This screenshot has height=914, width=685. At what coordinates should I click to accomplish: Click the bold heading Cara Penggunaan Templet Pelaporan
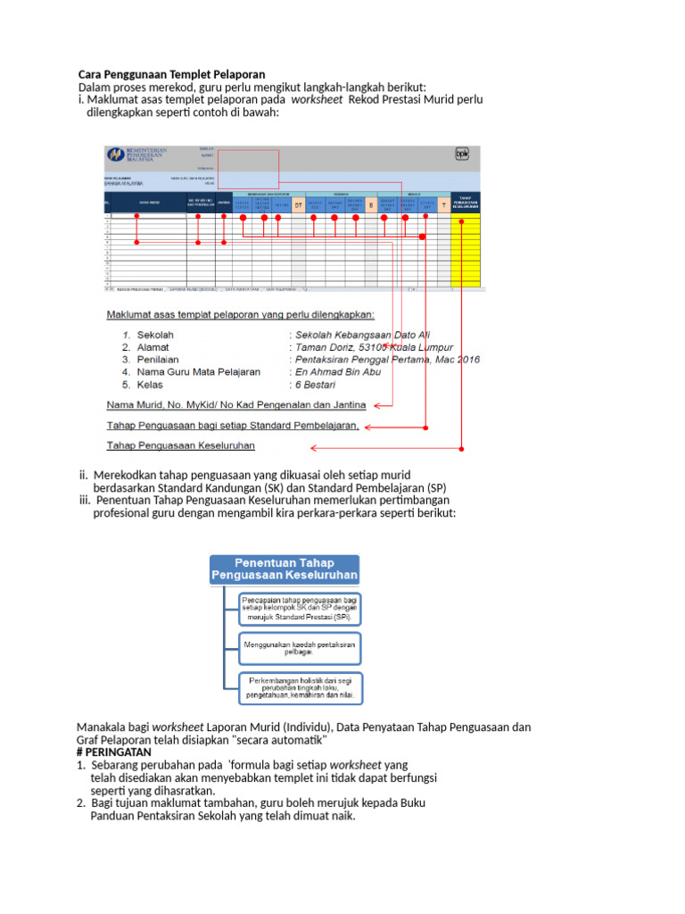pyautogui.click(x=171, y=74)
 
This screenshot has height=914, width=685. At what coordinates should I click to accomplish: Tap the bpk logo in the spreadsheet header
pyautogui.click(x=462, y=153)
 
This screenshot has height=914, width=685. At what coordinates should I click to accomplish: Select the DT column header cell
pyautogui.click(x=299, y=205)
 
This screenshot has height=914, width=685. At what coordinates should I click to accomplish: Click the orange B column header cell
pyautogui.click(x=371, y=205)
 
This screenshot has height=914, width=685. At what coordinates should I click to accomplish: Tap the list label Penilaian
pyautogui.click(x=160, y=359)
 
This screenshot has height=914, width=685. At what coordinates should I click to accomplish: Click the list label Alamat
pyautogui.click(x=153, y=346)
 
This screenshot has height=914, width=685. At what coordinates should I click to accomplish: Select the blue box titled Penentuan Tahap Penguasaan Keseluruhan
pyautogui.click(x=285, y=569)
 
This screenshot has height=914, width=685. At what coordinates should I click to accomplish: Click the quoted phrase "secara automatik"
pyautogui.click(x=279, y=740)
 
